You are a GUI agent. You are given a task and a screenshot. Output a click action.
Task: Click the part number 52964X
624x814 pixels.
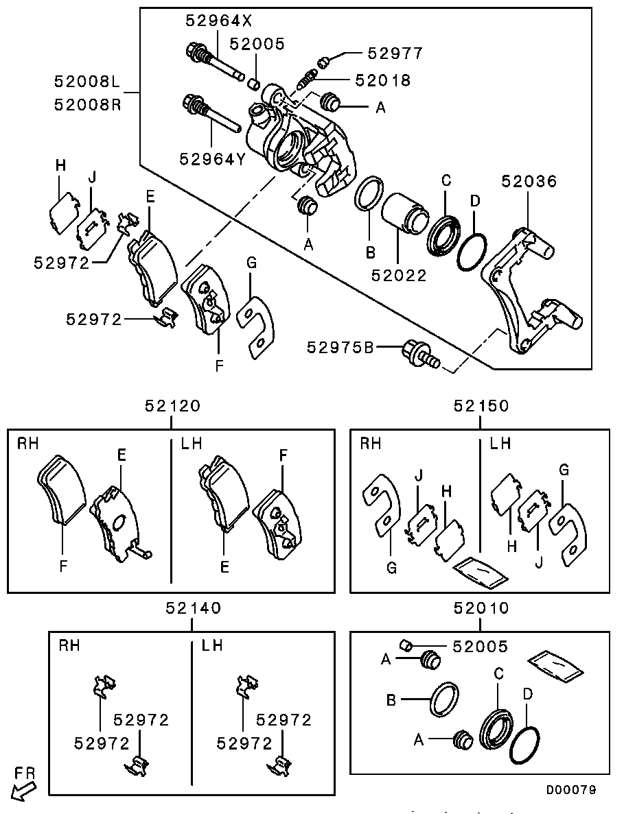point(213,21)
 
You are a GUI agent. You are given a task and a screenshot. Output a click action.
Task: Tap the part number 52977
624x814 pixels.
point(395,53)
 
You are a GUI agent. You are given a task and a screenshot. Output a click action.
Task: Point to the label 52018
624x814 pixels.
point(383,80)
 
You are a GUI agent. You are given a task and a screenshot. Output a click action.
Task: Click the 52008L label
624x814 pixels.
point(88,82)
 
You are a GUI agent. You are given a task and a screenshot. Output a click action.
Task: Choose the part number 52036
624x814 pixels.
point(529,181)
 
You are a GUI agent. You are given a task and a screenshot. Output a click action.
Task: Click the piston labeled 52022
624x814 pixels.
point(403,213)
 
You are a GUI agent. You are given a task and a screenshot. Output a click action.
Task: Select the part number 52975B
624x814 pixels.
point(340,348)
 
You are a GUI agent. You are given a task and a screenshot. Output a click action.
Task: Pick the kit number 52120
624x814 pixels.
point(172,405)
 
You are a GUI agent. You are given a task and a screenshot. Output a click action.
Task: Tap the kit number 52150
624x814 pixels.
point(481,405)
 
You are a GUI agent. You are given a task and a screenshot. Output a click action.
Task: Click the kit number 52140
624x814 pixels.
point(193,607)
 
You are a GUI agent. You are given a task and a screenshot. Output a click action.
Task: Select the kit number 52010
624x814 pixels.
point(481,607)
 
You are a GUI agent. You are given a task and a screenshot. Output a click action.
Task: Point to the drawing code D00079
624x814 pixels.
point(571,789)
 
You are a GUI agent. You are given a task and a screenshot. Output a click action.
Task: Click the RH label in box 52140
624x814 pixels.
point(69,645)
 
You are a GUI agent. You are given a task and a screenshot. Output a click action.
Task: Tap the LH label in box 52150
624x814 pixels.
point(500,444)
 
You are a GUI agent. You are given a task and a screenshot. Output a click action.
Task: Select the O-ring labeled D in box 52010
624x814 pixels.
point(525,745)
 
